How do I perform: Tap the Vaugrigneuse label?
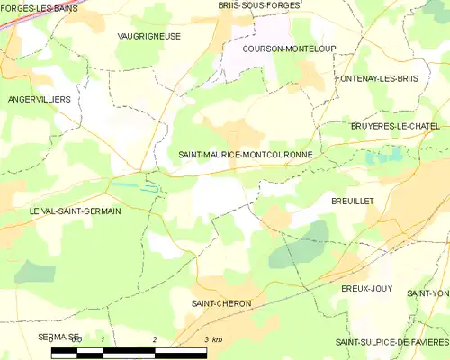pos(148,36)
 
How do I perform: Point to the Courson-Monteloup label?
pos(276,49)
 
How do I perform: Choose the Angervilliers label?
pos(39,98)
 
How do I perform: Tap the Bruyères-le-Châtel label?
pos(395,127)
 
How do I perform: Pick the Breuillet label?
pos(353,202)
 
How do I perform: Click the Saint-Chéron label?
pos(220,303)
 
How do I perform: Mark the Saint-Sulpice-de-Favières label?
pos(391,342)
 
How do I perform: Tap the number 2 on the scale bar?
pos(155,338)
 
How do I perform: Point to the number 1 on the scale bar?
pos(103,338)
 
